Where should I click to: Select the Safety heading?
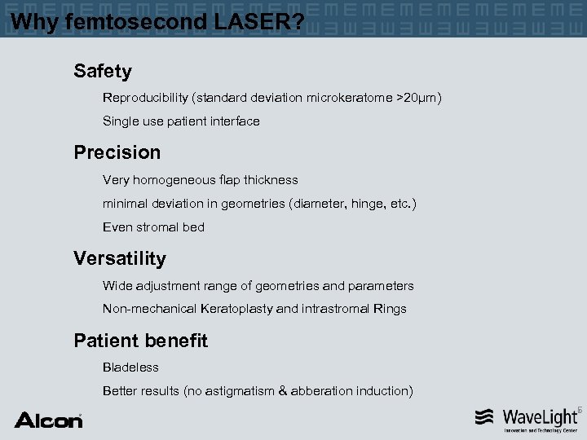point(102,72)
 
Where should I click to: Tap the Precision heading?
point(117,152)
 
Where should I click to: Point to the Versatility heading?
point(119,258)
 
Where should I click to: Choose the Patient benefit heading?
point(140,341)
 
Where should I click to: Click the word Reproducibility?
point(145,98)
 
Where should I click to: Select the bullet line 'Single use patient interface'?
point(181,121)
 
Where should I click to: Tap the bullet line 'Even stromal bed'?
point(153,227)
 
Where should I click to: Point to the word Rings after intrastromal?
point(389,309)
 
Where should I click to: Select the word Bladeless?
point(130,367)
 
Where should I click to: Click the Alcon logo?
point(48,420)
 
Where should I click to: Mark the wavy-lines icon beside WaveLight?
point(485,417)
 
